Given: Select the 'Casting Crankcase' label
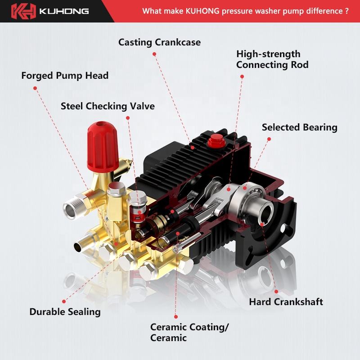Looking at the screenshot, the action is [x=159, y=42].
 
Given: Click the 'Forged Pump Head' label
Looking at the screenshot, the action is [x=65, y=75].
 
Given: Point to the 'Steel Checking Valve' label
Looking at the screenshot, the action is [x=108, y=106].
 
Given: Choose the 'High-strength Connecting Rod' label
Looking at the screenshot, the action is [x=272, y=59].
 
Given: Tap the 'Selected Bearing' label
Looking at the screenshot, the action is [x=299, y=127].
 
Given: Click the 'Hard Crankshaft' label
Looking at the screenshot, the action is [x=286, y=301].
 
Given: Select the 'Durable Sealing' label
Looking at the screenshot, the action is [x=65, y=311].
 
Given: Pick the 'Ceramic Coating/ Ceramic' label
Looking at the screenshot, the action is [x=189, y=333].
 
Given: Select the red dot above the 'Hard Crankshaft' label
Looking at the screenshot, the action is [x=276, y=291].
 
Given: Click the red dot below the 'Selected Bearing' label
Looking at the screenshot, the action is [x=269, y=139].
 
